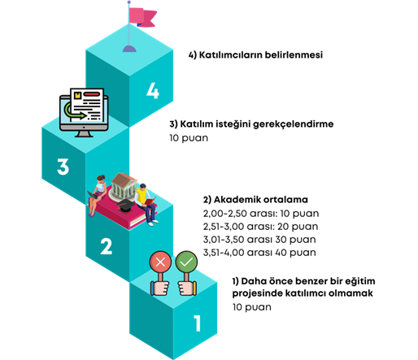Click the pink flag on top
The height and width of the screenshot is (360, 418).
pos(142,17)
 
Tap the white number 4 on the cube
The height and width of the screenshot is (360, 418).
pos(153,90)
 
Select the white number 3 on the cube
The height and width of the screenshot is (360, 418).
pos(63,167)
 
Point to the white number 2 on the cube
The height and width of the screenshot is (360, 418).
pos(106,246)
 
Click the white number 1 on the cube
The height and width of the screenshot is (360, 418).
pos(197,323)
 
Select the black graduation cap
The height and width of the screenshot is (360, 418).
pos(125,205)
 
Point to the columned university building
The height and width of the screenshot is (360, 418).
pos(123,187)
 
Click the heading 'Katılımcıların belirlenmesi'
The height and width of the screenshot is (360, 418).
pos(261,55)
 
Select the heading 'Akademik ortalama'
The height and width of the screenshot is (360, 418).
pos(261,200)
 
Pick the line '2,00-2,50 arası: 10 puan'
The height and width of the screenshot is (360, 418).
pos(261,214)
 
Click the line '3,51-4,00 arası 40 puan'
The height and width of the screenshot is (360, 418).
pos(259,253)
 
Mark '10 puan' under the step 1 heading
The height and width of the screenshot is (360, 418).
pos(252,307)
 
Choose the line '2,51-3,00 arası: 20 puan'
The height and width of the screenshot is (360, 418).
pos(260,227)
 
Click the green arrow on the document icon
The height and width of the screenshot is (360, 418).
pos(74,111)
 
